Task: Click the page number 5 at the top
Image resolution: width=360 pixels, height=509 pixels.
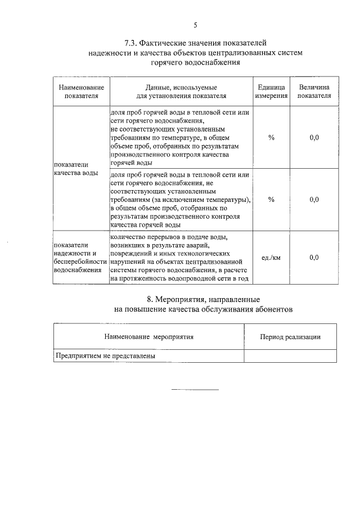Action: (195, 25)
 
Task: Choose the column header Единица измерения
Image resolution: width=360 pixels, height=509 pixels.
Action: (271, 92)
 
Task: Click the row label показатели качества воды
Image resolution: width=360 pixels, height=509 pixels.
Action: (75, 169)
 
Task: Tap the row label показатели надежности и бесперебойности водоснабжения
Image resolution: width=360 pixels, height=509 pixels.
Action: (80, 258)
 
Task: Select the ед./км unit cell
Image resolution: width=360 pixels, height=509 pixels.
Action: (271, 258)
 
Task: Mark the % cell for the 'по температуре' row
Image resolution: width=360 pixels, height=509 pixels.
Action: (271, 138)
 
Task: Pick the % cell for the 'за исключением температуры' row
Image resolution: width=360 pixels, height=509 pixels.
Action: (271, 199)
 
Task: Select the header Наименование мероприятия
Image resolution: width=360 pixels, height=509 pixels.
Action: (149, 337)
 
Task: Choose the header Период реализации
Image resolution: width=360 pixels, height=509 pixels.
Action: (290, 337)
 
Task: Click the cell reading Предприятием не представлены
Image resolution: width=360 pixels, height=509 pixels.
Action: (105, 356)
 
